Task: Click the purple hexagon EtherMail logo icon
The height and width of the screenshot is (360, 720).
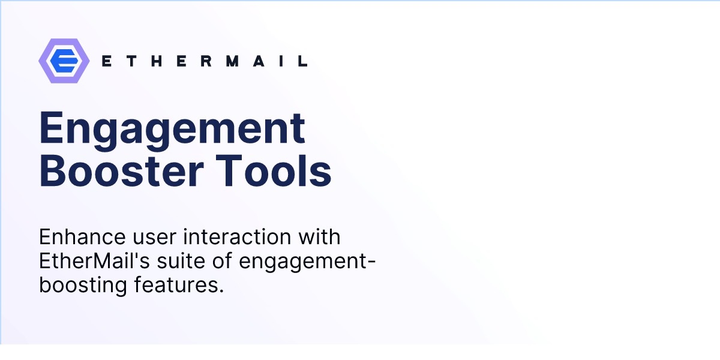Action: click(x=64, y=61)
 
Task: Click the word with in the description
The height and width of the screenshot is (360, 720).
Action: click(x=321, y=237)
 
